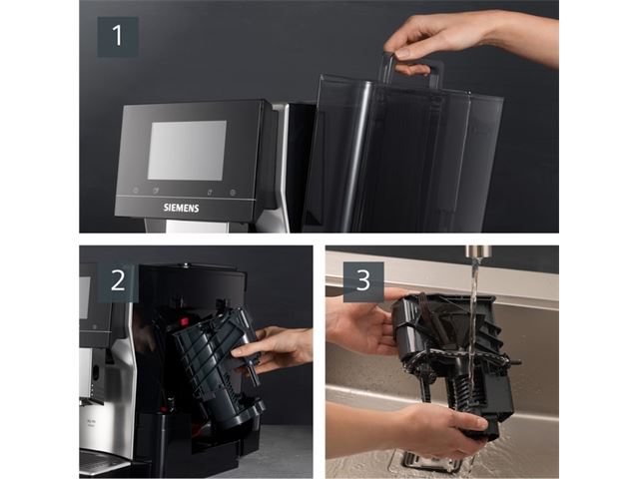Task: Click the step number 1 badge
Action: (x=118, y=37)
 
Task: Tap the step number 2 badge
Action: (x=118, y=281)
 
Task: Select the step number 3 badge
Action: (x=363, y=281)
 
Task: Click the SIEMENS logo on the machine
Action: (x=182, y=208)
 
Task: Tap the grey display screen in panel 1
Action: (x=187, y=150)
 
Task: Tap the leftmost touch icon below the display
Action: (x=136, y=191)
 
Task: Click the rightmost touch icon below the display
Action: (x=233, y=193)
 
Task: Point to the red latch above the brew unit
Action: (x=184, y=321)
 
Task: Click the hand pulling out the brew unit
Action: (x=273, y=350)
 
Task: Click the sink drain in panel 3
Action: (x=428, y=461)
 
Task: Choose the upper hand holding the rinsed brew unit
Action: (x=362, y=321)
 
